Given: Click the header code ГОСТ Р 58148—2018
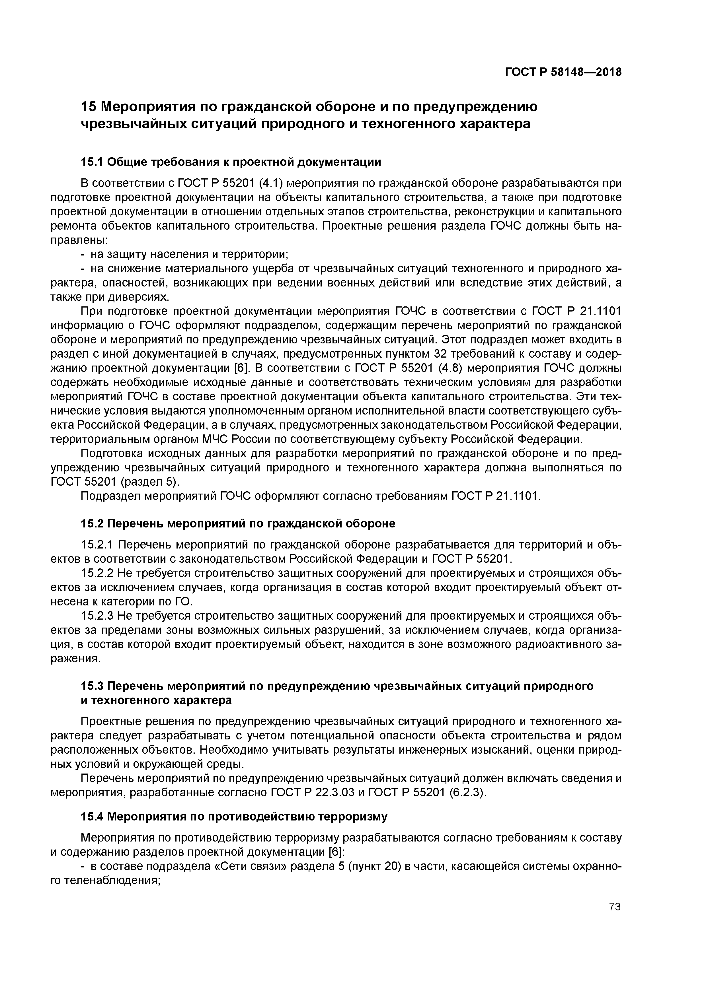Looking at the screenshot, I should (x=563, y=72).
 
